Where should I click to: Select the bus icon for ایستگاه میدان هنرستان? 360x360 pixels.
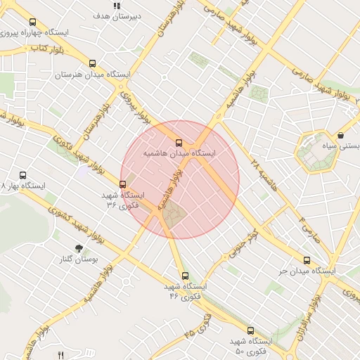93,64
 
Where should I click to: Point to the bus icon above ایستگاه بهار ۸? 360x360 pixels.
22,176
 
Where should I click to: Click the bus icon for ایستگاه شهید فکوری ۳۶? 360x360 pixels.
123,185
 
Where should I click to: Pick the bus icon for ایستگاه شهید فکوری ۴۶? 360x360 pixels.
185,276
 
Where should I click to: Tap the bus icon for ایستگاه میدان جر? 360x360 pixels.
306,260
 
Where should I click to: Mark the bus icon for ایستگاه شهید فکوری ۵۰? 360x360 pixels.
250,330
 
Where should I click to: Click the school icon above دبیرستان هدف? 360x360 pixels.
116,6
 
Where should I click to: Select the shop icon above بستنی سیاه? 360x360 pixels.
341,136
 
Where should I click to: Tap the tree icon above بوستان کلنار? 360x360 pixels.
78,248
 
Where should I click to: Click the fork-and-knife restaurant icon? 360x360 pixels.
61,355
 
